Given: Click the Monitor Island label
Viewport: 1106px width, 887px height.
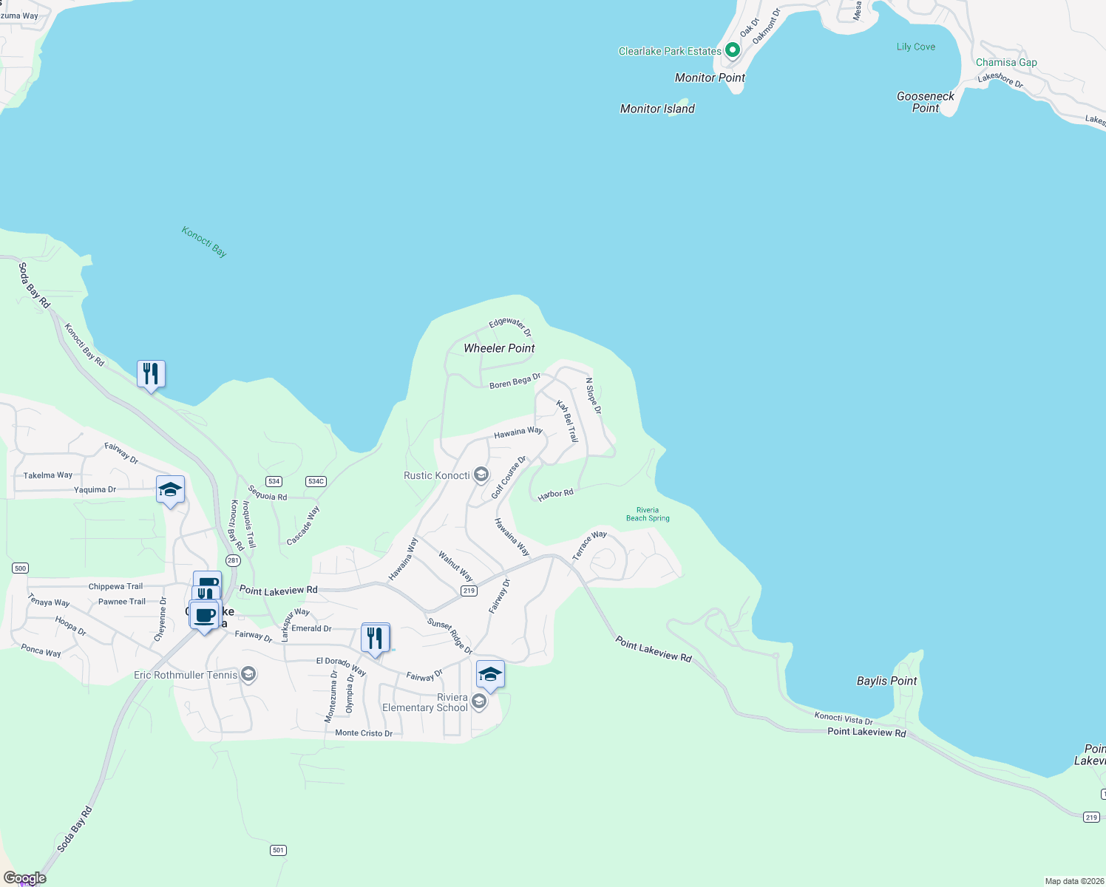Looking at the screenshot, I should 657,109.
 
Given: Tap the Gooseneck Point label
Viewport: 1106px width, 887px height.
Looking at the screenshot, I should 926,102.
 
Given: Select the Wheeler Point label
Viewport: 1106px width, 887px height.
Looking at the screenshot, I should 499,348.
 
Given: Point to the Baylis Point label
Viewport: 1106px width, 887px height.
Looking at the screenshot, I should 886,681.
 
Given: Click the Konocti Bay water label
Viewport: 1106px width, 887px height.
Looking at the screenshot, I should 205,242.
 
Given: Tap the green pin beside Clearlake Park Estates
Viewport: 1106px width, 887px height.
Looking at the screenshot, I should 733,50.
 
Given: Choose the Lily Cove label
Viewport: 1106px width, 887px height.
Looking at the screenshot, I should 916,47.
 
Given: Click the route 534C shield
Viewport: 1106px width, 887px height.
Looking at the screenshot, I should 316,481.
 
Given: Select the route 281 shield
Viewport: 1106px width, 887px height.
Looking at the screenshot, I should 234,560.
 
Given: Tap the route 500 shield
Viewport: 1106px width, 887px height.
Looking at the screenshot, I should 20,568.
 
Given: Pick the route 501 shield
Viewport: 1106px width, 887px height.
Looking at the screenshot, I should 278,850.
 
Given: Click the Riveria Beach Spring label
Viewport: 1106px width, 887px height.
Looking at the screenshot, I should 648,514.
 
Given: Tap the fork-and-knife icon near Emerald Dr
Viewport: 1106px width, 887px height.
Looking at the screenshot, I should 376,637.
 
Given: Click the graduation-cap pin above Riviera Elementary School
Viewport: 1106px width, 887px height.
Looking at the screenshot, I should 490,674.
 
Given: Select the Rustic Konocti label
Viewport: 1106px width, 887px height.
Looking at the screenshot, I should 437,475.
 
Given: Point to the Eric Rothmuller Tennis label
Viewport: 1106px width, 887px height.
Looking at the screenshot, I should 186,675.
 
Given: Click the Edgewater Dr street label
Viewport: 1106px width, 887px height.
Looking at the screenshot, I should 510,326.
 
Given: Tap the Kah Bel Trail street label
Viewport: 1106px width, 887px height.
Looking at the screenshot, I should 567,421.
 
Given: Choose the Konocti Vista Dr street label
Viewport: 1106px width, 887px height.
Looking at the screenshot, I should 844,718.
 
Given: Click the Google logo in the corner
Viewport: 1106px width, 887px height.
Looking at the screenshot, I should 25,878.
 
